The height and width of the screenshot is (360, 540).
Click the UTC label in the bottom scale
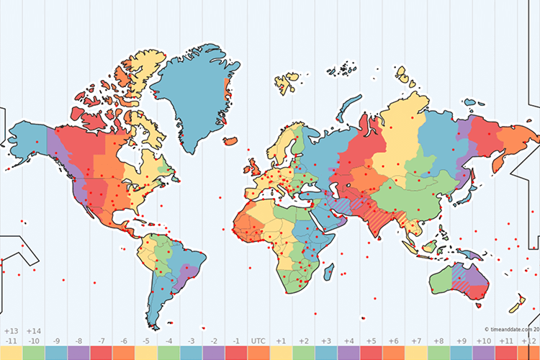(x=258, y=341)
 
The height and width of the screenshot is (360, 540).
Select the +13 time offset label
(x=12, y=331)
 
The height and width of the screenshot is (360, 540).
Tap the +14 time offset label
(x=34, y=331)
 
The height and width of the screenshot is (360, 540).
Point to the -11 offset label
(x=12, y=341)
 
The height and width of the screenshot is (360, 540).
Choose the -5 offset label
(x=146, y=341)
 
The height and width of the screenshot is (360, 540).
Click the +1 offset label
(x=281, y=341)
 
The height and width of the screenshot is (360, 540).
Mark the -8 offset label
(x=78, y=341)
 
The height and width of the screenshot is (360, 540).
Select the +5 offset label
(x=371, y=341)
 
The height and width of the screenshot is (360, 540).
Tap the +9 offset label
(x=461, y=341)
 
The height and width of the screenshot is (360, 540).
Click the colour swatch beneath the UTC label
(x=258, y=353)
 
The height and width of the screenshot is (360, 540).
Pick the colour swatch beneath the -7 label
(x=101, y=353)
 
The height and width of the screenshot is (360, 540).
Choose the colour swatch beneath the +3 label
(x=326, y=353)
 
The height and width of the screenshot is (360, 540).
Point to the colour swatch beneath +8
(x=438, y=353)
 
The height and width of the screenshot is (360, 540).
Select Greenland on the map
(x=193, y=94)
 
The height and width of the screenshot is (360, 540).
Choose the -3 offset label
(x=191, y=341)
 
